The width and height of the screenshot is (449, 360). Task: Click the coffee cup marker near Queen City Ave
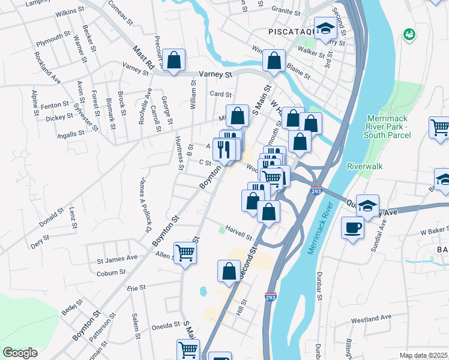pos(353,228)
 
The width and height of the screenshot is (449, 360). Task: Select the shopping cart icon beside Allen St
pos(185,253)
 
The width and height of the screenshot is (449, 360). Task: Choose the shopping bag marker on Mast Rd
pos(173,60)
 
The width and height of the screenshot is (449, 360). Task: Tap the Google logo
pos(20,353)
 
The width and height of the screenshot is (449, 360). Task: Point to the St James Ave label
pos(117,259)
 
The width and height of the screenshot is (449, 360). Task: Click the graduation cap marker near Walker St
pos(325,28)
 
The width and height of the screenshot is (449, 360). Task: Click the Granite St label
pos(286,11)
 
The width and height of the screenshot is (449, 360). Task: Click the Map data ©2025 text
pos(423,355)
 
